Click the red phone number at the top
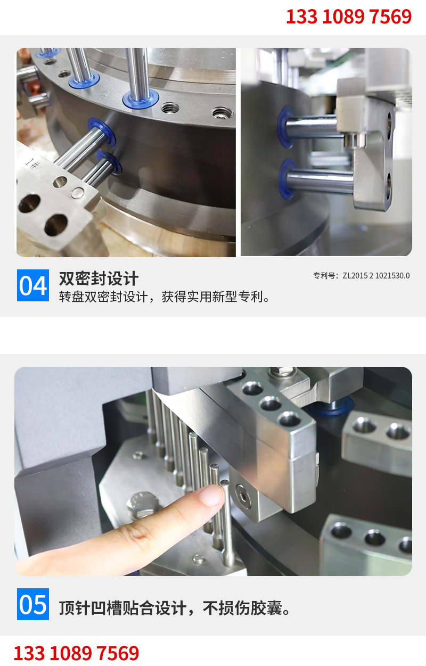(349, 17)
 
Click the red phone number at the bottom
(76, 653)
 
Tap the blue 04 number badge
(32, 286)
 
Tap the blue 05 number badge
(32, 604)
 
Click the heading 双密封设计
(99, 278)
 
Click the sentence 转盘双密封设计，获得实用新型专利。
(165, 297)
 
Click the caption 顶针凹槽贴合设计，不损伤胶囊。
(175, 608)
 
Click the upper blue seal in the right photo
(285, 127)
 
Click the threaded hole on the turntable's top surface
(221, 113)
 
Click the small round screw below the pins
(198, 558)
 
